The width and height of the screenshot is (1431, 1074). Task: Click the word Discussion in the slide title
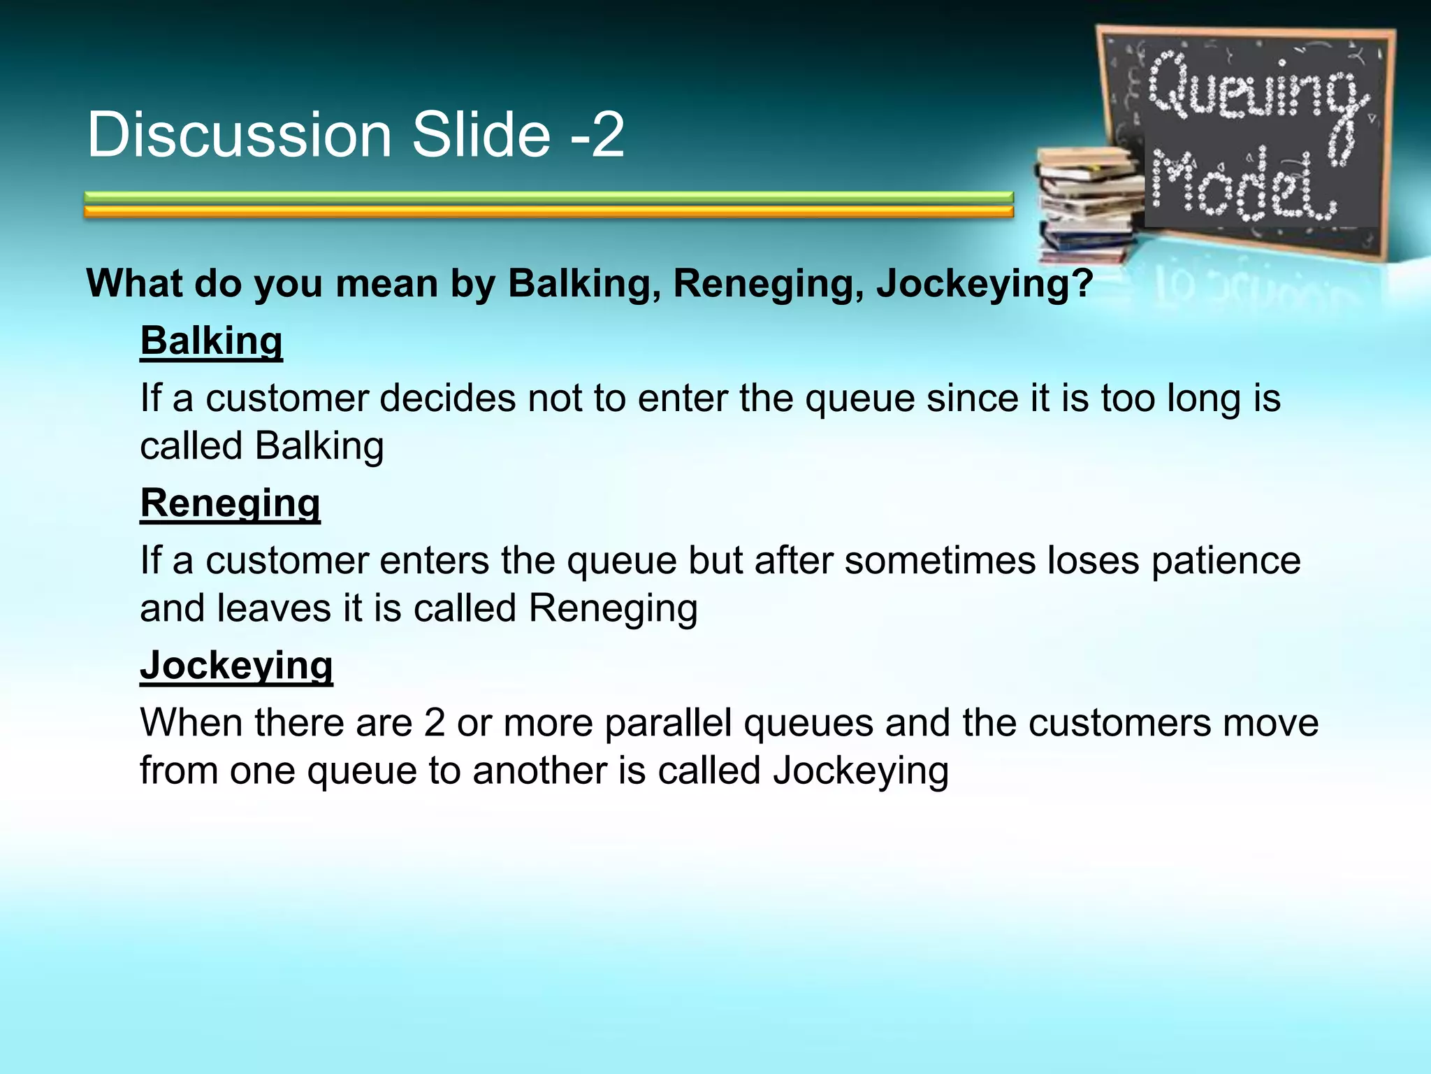tap(239, 134)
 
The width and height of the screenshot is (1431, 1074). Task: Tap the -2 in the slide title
tap(597, 134)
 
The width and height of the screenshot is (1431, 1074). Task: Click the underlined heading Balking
tap(211, 341)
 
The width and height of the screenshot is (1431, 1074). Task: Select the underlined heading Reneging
tap(230, 503)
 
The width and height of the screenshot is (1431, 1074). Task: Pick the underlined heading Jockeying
tap(236, 666)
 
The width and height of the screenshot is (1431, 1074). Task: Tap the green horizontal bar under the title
tap(549, 197)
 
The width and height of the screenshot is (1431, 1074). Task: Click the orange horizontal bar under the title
tap(549, 211)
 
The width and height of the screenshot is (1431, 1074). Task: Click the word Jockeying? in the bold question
tap(984, 284)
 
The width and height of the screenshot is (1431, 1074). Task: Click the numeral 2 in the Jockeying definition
tap(434, 722)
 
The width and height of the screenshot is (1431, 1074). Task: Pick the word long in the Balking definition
tap(1204, 399)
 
